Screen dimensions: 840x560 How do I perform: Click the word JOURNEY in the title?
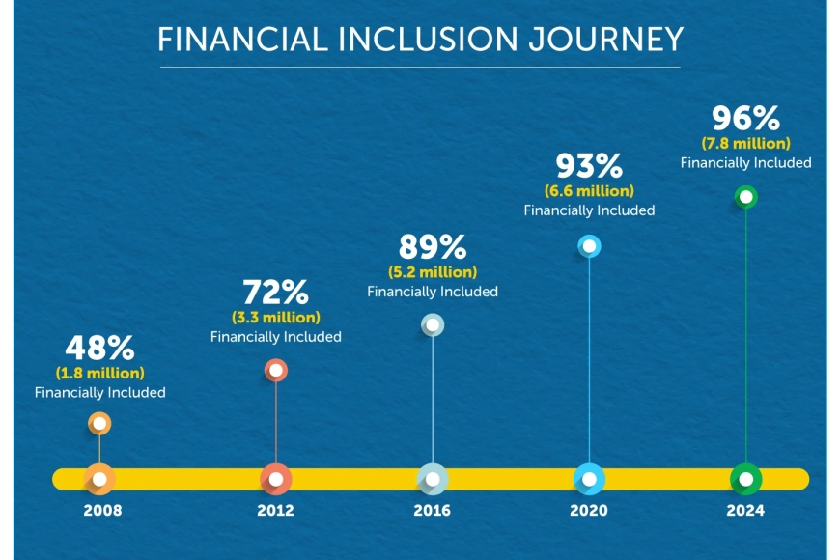605,40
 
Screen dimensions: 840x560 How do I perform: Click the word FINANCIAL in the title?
242,40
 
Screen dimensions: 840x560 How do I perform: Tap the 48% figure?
99,348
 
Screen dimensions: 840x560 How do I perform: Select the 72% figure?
275,292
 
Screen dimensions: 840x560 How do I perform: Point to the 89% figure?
433,247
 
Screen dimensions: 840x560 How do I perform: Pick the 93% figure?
589,166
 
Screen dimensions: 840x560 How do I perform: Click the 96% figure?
745,118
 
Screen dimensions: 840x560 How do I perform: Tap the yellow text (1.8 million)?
100,373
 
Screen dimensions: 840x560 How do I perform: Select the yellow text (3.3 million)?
276,318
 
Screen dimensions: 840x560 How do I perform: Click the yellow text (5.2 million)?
433,272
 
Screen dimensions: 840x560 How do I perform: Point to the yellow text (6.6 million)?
589,191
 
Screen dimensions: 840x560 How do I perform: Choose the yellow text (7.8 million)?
745,143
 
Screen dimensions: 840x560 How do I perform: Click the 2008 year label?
102,510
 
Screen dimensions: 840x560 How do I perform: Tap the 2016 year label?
432,510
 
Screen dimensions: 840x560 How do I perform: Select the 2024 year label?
745,510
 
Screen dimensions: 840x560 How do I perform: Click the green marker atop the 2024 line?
745,197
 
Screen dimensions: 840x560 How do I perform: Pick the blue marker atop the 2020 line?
589,246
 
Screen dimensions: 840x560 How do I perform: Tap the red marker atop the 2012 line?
276,371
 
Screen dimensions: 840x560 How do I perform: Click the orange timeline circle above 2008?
99,479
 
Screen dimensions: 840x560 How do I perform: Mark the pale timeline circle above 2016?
433,479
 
